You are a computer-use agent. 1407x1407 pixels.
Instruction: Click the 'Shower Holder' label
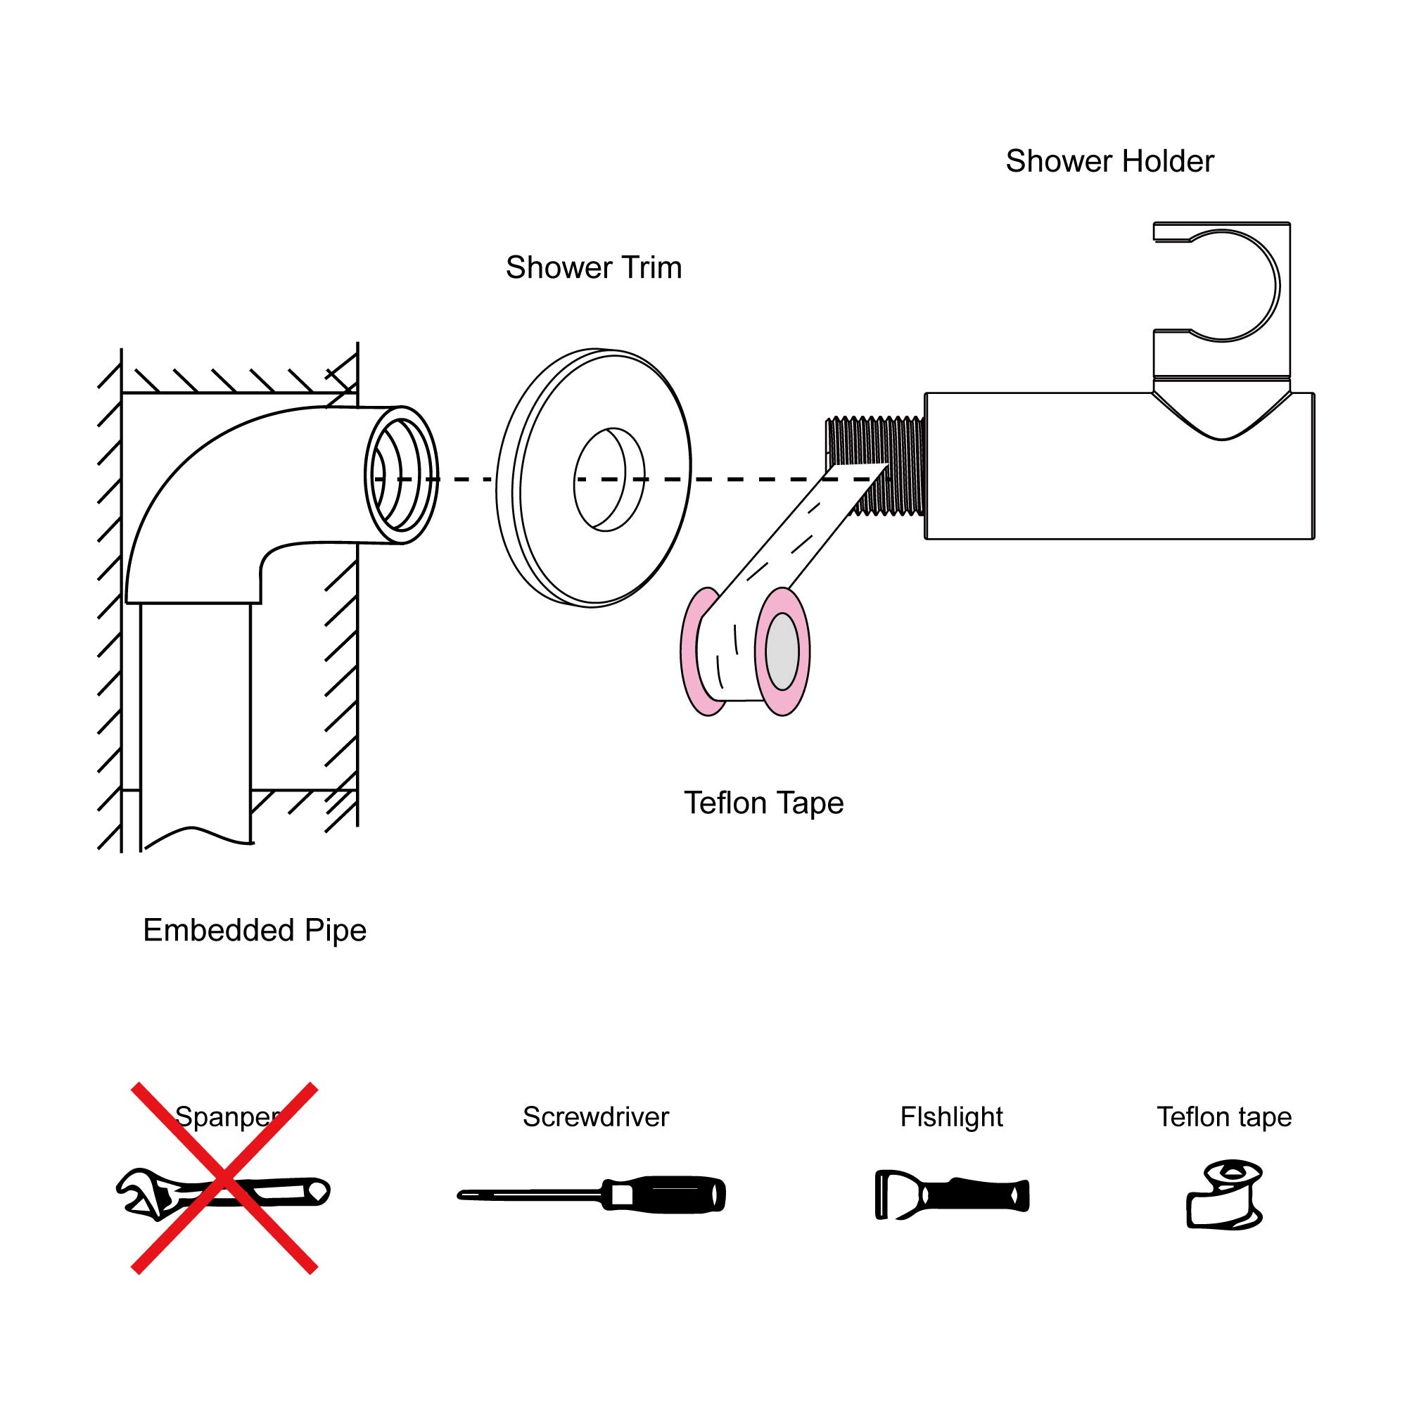[1109, 162]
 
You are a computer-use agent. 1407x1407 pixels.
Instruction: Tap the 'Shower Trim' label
[594, 268]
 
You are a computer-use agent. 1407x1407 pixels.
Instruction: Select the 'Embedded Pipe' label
[254, 931]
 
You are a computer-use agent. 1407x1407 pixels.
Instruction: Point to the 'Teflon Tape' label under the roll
[763, 803]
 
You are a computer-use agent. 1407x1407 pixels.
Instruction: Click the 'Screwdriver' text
[595, 1117]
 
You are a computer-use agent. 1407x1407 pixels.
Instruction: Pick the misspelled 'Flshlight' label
[951, 1117]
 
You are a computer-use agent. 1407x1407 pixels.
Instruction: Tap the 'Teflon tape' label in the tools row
[1223, 1117]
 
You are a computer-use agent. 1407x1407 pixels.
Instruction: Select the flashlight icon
[951, 1195]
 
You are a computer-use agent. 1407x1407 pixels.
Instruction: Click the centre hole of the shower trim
[609, 478]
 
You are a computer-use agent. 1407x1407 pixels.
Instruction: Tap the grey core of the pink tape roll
[782, 651]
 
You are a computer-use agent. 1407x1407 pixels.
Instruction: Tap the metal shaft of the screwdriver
[532, 1195]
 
